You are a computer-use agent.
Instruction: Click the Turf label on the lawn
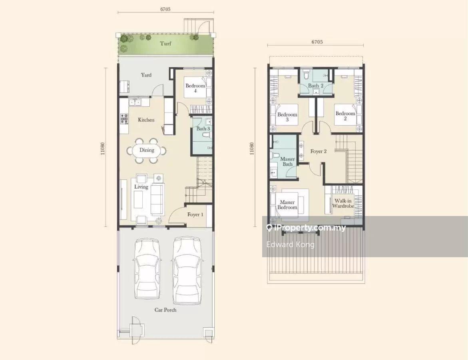coord(165,44)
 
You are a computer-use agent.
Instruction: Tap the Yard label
coord(146,75)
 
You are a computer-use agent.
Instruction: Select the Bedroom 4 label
coord(195,88)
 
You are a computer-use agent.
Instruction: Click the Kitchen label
coord(146,120)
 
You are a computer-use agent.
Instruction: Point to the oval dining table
coord(147,150)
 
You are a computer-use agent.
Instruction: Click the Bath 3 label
coord(203,129)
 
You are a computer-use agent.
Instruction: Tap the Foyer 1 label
coord(195,214)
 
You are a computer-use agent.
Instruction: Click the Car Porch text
coord(165,310)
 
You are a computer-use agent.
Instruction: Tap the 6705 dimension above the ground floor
coord(165,9)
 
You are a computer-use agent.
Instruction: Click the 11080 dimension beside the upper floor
coord(252,148)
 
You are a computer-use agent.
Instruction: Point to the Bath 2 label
coord(316,86)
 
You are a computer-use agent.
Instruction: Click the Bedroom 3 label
coord(287,117)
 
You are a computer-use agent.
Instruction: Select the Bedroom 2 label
coord(345,116)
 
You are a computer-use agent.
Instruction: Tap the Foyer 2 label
coord(318,152)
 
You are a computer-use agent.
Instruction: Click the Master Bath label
coord(287,161)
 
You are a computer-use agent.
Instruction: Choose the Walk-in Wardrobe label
coord(343,204)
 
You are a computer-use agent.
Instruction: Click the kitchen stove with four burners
coord(124,119)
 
